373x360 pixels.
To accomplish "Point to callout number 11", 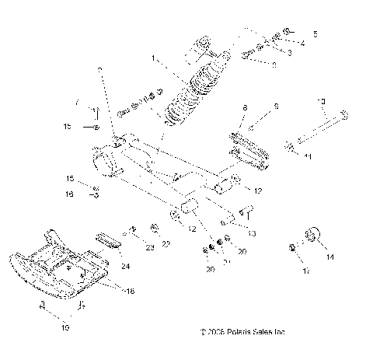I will [309, 156].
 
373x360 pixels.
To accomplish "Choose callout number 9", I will [274, 107].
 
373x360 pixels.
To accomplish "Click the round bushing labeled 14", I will [314, 235].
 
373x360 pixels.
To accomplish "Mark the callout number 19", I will [64, 328].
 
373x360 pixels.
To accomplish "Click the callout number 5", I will [315, 34].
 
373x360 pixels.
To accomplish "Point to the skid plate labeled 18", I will [47, 268].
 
